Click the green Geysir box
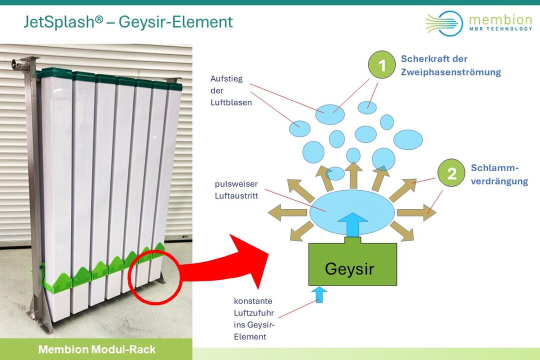tap(353, 265)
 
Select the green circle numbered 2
tap(451, 173)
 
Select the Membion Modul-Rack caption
tap(97, 349)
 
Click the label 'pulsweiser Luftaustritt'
tap(236, 189)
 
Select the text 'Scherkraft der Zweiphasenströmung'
tap(450, 65)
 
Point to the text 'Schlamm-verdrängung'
tap(499, 174)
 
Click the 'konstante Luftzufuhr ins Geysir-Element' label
tap(253, 318)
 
